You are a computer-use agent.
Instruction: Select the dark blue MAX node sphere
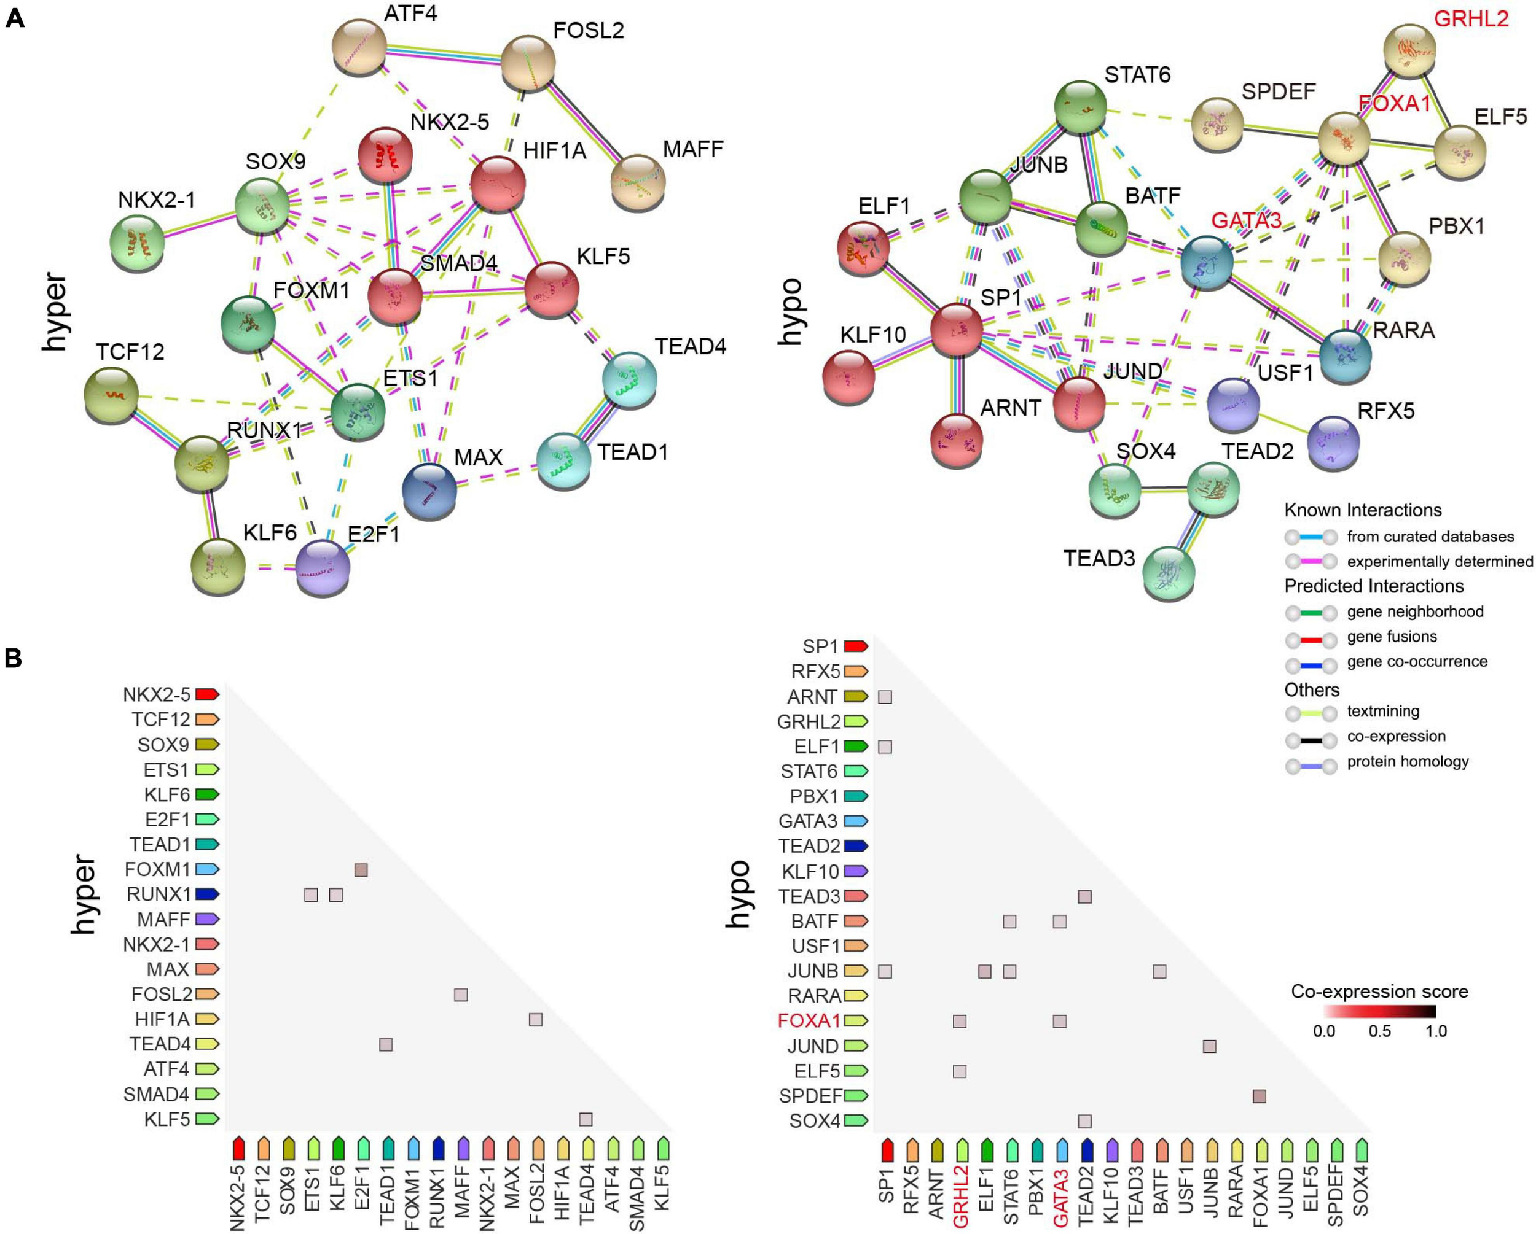tap(429, 491)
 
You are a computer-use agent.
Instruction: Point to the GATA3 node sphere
tap(1207, 263)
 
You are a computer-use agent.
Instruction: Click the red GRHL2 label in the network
tap(1471, 19)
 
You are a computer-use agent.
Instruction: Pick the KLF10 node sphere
tap(848, 376)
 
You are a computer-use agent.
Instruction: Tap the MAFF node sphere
tap(638, 182)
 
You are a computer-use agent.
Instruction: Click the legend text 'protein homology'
tap(1408, 762)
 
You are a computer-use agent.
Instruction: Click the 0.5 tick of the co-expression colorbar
tap(1379, 1031)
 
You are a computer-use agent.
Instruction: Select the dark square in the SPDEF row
tap(1259, 1096)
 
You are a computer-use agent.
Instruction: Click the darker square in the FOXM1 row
tap(361, 869)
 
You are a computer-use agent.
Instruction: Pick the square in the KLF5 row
tap(585, 1119)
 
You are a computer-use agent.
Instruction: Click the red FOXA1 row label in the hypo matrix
tap(809, 1021)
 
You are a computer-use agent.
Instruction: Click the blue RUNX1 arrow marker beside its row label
tap(207, 894)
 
